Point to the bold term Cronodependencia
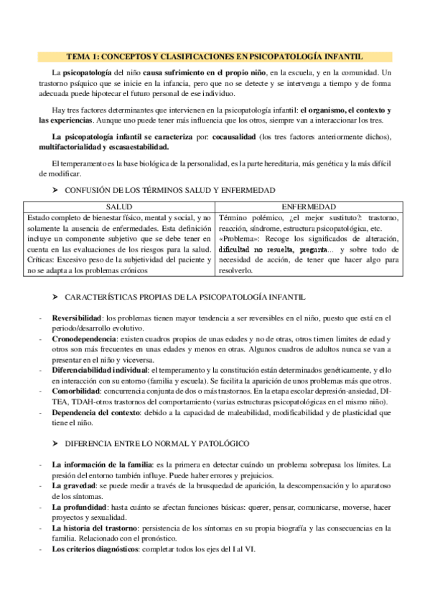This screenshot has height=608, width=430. pos(85,338)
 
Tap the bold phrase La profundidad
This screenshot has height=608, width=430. pos(80,507)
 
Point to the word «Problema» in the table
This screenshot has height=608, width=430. pos(237,238)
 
